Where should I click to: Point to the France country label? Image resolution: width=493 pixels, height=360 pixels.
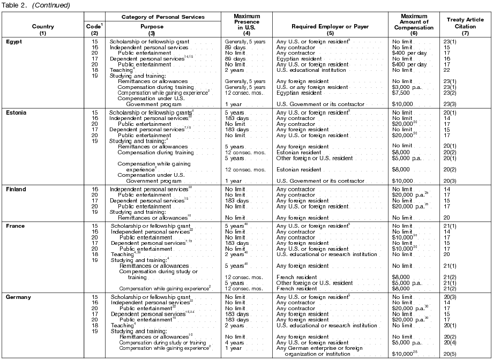point(16,226)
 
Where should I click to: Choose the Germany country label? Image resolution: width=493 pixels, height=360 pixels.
point(19,297)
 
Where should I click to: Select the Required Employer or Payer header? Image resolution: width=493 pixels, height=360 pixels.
point(330,26)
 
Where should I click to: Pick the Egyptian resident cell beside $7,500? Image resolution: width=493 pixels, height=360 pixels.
point(298,92)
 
